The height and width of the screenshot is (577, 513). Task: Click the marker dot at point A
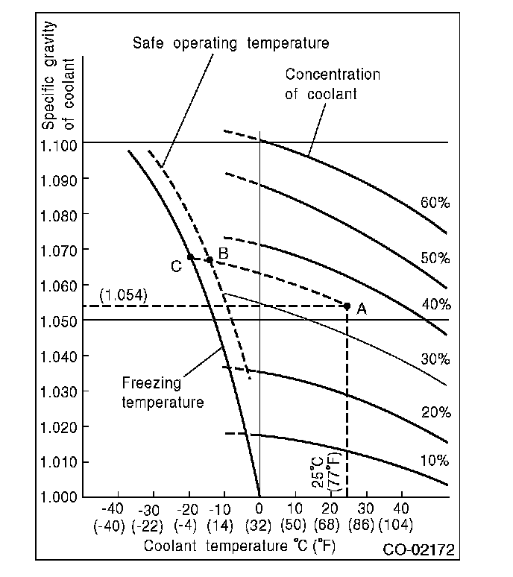coord(347,306)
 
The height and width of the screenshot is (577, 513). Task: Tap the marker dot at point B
coord(210,260)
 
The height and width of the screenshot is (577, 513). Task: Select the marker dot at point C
coord(190,257)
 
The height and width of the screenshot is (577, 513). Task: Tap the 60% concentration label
coord(435,203)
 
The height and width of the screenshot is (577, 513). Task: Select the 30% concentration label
coord(435,359)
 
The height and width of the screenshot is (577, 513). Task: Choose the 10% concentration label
coord(434,461)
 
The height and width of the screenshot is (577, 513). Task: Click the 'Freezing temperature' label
coord(162,393)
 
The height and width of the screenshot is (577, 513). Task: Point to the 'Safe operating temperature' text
coord(231,43)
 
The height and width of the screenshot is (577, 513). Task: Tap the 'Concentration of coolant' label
coord(333,84)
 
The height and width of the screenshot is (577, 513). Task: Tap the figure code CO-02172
coord(419,552)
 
